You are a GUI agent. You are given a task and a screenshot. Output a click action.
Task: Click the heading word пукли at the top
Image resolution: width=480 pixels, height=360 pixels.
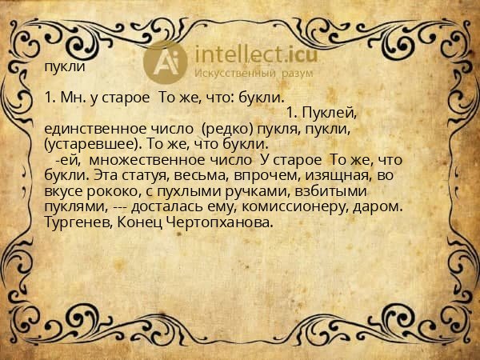pos(65,67)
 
